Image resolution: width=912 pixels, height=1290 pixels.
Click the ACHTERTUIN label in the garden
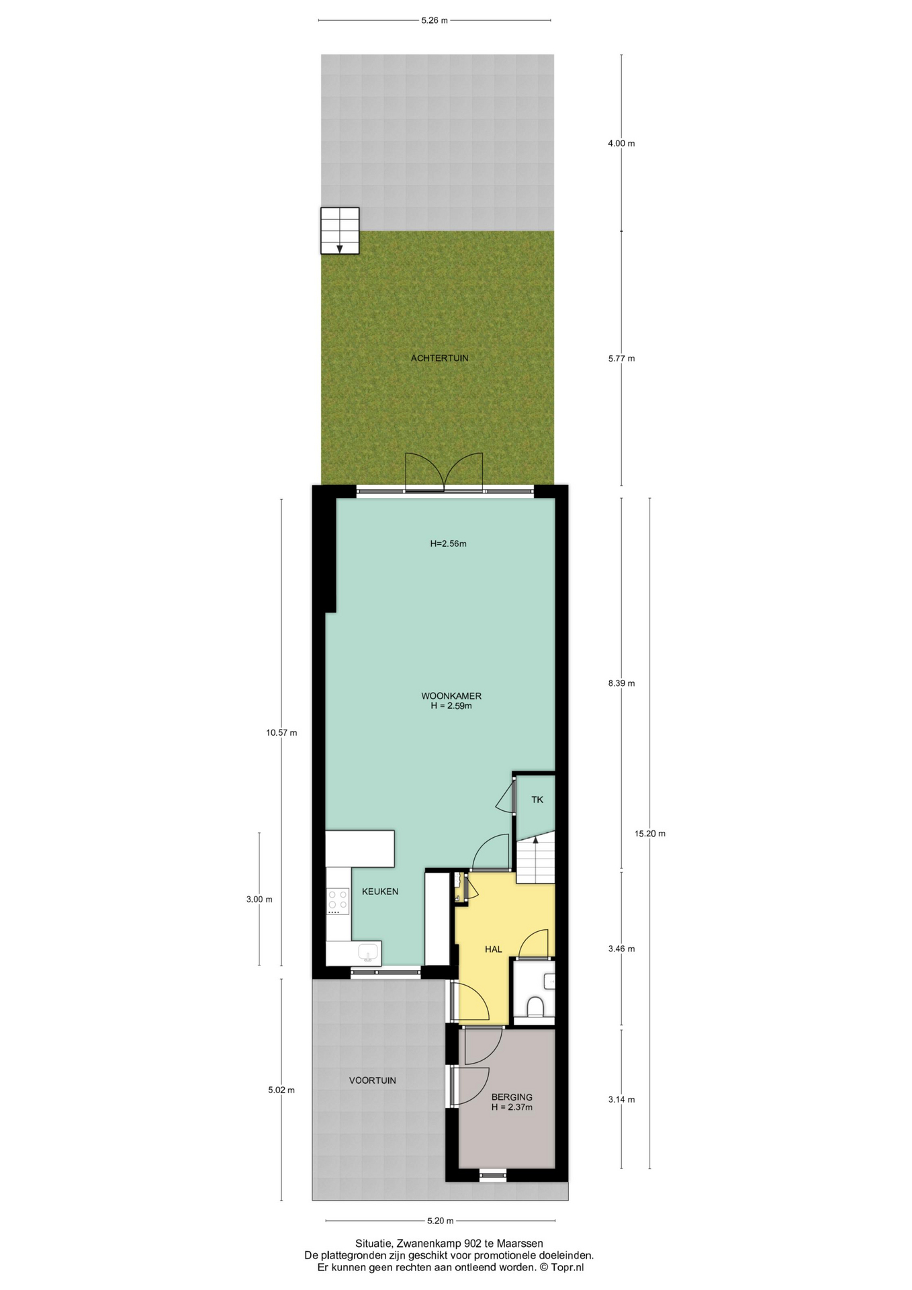click(x=439, y=358)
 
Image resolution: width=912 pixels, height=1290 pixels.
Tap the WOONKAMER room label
click(x=451, y=696)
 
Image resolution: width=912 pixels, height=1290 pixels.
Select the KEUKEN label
click(x=380, y=892)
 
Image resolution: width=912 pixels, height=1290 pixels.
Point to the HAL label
click(x=494, y=949)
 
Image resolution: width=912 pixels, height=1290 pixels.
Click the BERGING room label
click(x=512, y=1097)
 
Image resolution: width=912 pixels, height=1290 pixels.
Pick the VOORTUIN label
click(x=372, y=1080)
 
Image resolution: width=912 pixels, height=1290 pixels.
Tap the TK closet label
click(x=537, y=800)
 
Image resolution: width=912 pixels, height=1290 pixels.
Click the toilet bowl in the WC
click(x=535, y=1007)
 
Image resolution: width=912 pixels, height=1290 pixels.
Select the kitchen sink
click(x=368, y=953)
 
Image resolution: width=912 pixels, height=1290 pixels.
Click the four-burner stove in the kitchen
click(x=337, y=901)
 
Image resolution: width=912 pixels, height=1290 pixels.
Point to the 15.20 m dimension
click(x=650, y=834)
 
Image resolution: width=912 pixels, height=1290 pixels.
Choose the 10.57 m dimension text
click(x=281, y=732)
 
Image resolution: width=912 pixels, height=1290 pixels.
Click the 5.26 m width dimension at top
click(x=435, y=20)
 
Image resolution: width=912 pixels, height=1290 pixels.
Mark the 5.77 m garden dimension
click(x=621, y=358)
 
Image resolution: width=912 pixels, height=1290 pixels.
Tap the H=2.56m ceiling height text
click(x=449, y=544)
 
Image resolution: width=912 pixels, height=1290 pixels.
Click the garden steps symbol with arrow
click(x=340, y=230)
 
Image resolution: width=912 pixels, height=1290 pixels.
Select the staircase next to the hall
click(x=535, y=857)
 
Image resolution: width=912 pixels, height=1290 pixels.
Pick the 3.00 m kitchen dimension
click(x=259, y=899)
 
